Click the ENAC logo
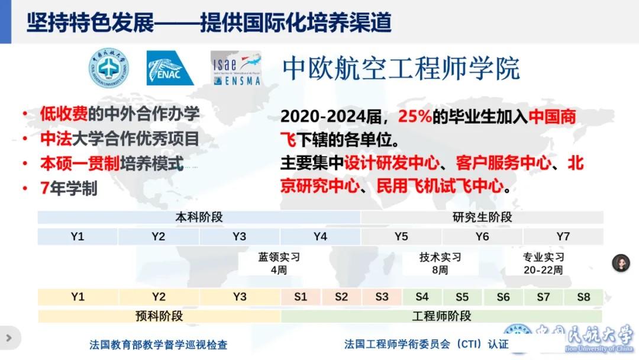(170, 68)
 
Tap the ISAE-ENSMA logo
(236, 68)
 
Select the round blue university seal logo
(109, 67)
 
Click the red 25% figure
(415, 117)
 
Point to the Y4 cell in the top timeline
(320, 236)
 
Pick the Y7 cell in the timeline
(563, 236)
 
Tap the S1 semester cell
(301, 297)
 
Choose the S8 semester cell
(583, 297)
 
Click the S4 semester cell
(422, 297)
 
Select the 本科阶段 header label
(199, 217)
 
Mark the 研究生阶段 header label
(482, 217)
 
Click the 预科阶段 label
(159, 316)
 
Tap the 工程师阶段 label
(442, 316)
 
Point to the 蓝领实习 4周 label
(279, 263)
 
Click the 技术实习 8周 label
(440, 263)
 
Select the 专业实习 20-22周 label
(543, 263)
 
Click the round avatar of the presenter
(621, 263)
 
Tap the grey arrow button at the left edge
(9, 338)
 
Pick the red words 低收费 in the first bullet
(63, 114)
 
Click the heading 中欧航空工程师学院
(401, 68)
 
